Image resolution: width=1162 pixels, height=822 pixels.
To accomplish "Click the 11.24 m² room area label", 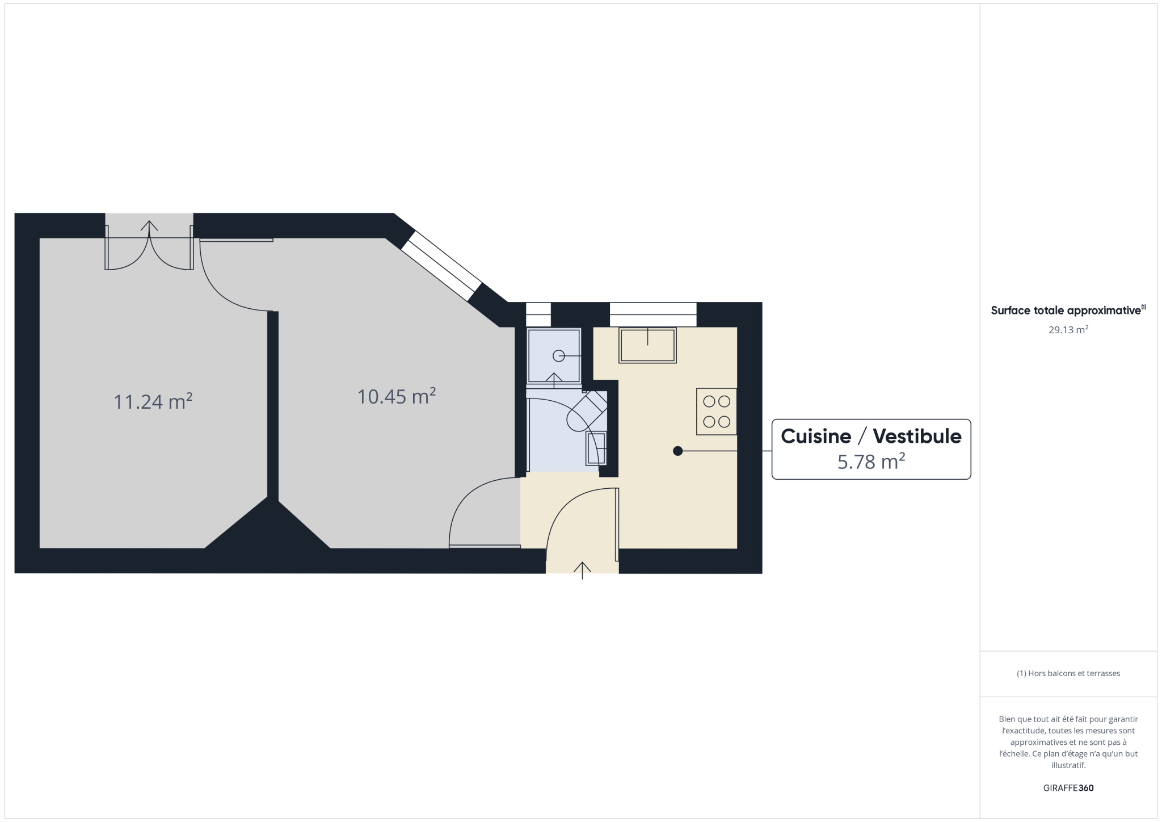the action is (153, 401).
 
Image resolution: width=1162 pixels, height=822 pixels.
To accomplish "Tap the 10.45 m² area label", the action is (397, 396).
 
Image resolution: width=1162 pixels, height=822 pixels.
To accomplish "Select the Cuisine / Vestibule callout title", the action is (871, 436).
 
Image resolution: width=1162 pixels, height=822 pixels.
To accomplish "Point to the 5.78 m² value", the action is (871, 462).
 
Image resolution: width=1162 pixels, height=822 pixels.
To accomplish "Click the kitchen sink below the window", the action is (647, 345).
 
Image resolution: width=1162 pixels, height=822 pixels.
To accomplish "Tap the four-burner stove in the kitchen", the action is (717, 412).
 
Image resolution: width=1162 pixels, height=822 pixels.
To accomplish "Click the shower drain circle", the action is (559, 356).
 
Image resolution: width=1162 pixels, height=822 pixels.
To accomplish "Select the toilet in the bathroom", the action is (587, 412).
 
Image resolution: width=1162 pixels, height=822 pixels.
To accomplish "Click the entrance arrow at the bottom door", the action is (582, 570).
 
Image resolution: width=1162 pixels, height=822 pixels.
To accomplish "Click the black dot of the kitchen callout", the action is (677, 451).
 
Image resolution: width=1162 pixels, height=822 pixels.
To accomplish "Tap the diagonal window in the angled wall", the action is (441, 265).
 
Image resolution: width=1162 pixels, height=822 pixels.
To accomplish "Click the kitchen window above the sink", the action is (653, 314).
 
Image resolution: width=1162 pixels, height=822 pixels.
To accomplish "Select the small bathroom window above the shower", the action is (538, 314).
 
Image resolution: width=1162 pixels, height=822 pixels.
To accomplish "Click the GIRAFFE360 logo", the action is (1068, 788).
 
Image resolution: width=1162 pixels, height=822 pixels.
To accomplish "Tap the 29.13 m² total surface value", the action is (1068, 330).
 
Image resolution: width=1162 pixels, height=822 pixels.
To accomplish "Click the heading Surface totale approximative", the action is (1066, 311).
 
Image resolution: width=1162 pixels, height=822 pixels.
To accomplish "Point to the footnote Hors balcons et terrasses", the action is (1068, 673).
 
